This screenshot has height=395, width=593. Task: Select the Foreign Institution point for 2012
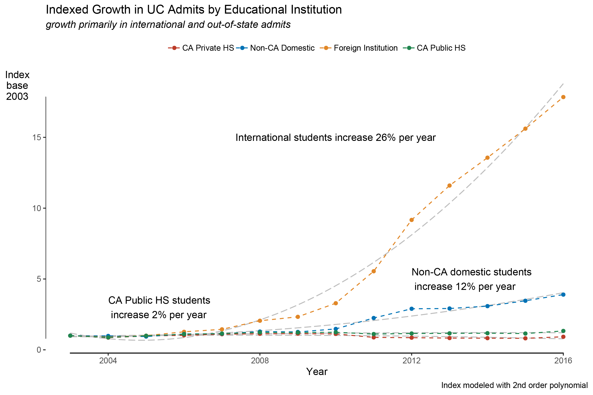411,220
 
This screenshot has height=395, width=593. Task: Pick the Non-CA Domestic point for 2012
411,309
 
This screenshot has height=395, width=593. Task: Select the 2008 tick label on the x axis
260,361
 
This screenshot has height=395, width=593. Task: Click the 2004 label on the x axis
108,361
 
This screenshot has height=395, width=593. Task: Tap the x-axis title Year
317,372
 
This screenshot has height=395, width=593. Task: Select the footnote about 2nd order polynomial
514,385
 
